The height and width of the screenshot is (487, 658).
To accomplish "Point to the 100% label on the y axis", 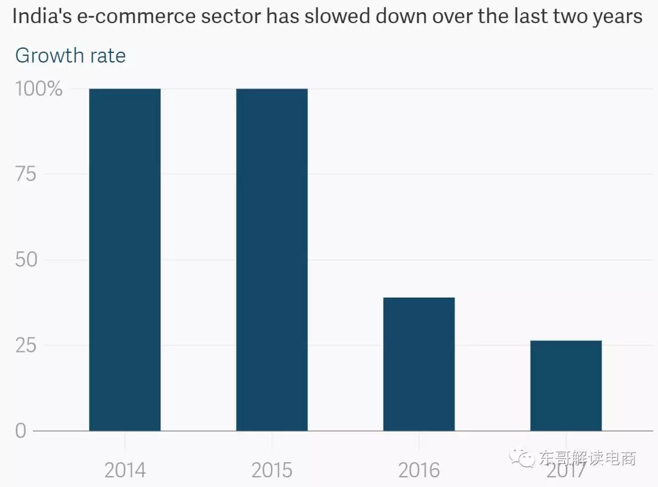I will pos(39,89).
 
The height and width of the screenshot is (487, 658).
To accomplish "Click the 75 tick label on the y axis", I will pos(26,175).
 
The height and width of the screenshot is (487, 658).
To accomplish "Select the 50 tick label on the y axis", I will pos(26,260).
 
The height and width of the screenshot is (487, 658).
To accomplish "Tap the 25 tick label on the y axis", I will pos(26,345).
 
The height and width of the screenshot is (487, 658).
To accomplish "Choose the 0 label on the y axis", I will pos(21,431).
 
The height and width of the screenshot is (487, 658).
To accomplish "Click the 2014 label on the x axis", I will pos(125,470).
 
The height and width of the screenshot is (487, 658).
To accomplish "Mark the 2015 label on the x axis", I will pos(272,470).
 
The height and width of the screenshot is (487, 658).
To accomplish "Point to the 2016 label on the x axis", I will pos(419,470).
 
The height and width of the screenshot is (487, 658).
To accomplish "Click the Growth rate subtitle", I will pos(70,55).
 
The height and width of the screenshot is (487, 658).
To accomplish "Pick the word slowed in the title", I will pos(328,16).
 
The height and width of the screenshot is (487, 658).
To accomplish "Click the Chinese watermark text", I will pos(587,458).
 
